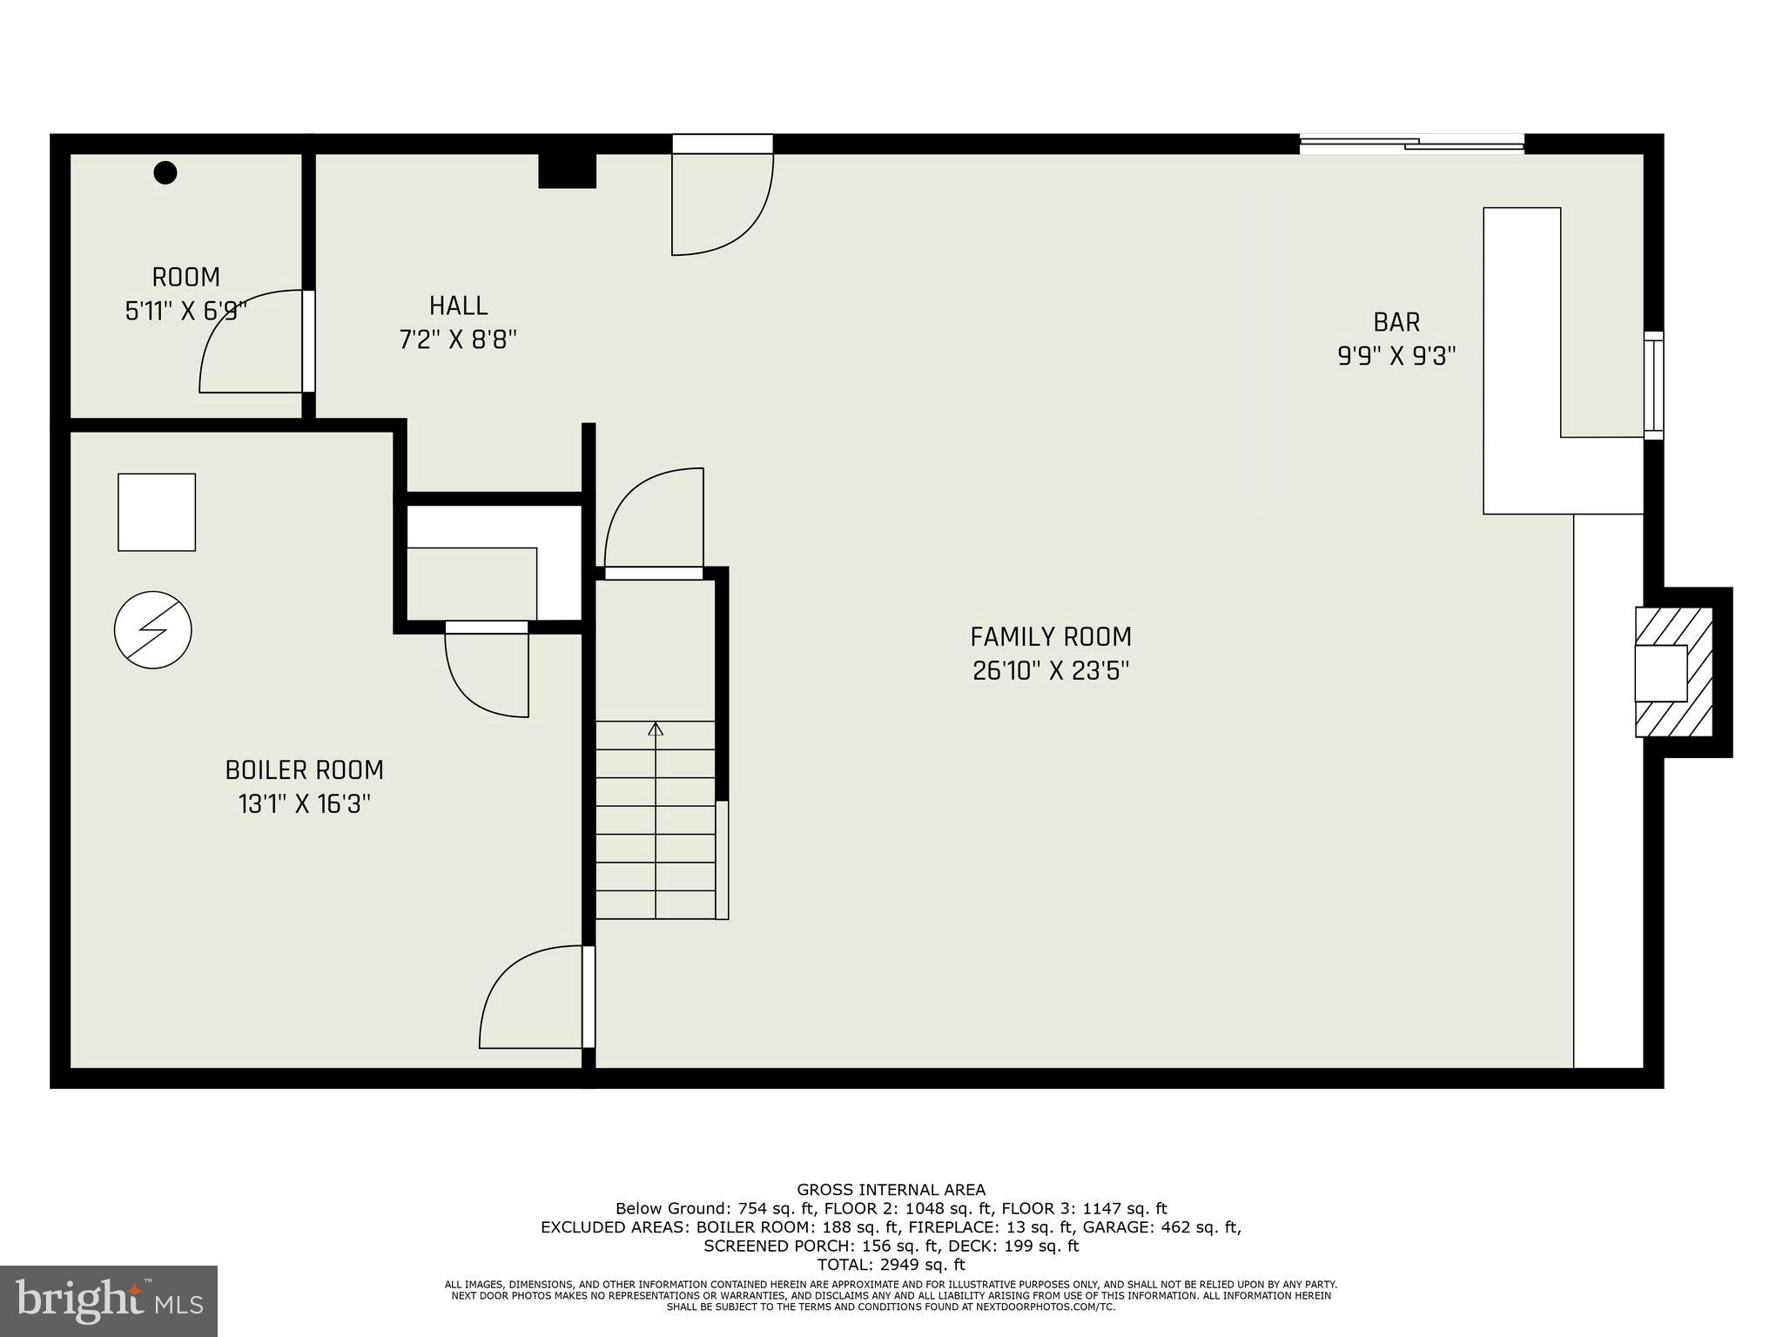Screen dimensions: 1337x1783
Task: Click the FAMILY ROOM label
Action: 1051,637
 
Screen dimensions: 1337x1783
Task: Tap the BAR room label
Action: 1396,322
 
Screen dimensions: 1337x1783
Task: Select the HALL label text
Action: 458,306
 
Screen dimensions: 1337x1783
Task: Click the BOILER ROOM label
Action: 304,770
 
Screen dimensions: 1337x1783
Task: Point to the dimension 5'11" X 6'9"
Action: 186,312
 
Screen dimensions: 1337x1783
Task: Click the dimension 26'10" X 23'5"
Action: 1051,671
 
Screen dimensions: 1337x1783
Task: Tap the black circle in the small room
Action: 165,172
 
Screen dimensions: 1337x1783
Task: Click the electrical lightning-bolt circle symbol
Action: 153,629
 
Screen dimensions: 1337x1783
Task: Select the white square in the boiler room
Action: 157,512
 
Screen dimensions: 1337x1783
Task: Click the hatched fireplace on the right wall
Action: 1674,672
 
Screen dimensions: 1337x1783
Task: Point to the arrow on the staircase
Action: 656,729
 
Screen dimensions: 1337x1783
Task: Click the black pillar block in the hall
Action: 567,171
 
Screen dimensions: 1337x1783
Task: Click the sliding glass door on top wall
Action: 1411,144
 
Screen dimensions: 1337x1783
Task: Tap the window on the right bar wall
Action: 1653,385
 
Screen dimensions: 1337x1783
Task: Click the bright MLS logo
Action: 109,1300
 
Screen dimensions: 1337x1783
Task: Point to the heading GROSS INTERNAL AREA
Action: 891,1189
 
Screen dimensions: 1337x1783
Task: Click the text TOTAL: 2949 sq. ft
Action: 891,1265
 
